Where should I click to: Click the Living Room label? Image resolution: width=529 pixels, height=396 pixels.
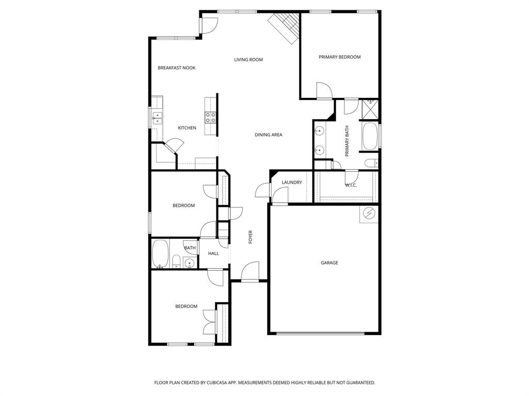click(x=248, y=60)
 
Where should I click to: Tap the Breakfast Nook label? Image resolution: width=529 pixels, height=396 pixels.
click(x=177, y=68)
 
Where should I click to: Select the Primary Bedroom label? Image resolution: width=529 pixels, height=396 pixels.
click(x=339, y=57)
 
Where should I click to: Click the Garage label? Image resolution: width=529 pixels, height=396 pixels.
click(x=330, y=263)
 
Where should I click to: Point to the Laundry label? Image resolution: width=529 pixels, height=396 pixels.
click(x=292, y=183)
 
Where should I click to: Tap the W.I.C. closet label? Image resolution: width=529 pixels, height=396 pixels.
click(x=351, y=185)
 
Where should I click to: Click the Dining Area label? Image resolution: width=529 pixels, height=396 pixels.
click(x=269, y=135)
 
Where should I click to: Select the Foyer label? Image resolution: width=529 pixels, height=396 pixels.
click(x=251, y=237)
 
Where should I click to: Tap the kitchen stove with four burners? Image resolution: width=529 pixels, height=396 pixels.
click(x=211, y=118)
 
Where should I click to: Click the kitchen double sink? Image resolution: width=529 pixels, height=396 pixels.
click(x=157, y=119)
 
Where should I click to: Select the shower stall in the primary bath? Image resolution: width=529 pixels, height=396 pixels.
click(x=370, y=109)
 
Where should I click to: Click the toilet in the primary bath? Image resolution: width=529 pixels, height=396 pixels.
click(x=370, y=163)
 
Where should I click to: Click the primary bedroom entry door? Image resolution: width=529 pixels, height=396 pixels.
click(x=324, y=91)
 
